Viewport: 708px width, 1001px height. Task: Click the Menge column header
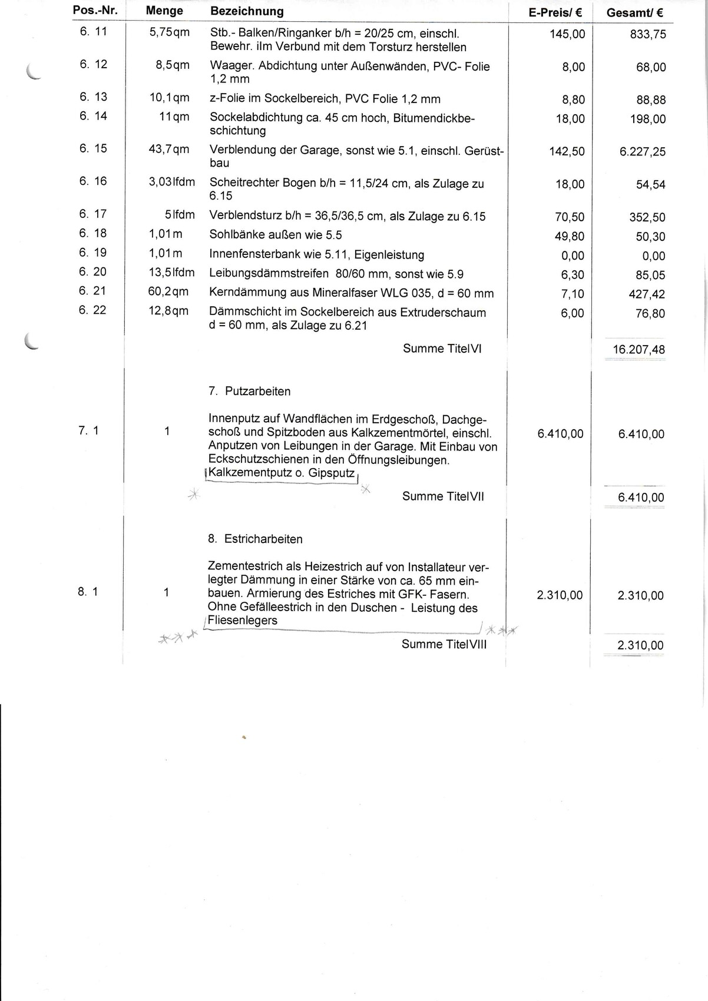[164, 11]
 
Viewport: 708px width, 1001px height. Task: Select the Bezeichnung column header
[247, 11]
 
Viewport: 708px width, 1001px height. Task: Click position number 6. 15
[93, 148]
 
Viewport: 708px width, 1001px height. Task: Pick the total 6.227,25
[642, 152]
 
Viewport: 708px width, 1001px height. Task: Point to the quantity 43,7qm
[168, 149]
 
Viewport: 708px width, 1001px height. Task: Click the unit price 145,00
[567, 34]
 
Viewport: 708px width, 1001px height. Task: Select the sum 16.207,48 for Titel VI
[638, 350]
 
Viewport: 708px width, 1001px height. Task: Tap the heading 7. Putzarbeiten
[249, 392]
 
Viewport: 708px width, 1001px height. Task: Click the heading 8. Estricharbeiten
[255, 539]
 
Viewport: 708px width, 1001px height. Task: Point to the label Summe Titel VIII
[444, 644]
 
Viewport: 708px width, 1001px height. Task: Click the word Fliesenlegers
[242, 621]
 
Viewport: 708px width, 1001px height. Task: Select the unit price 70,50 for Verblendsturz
[570, 217]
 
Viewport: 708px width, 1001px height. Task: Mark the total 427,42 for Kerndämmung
[647, 294]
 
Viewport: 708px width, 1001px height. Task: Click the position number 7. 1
[88, 431]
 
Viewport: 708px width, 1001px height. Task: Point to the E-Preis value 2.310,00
[560, 595]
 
